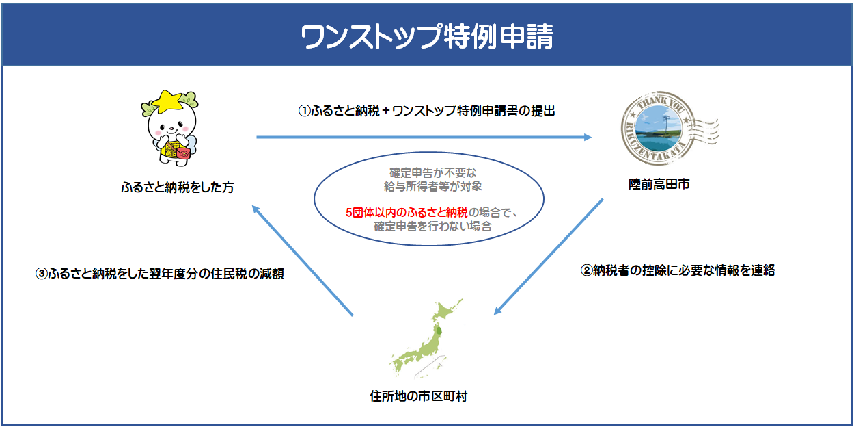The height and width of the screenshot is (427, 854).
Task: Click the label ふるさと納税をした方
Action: pos(177,187)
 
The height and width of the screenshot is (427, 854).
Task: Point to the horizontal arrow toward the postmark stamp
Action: pos(424,138)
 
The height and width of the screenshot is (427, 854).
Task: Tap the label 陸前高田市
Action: pos(659,184)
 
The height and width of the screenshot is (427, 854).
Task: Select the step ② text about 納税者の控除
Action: pos(678,270)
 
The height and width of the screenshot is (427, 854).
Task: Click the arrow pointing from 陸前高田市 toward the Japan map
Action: pos(549,257)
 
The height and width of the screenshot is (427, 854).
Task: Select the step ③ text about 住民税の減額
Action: pos(159,274)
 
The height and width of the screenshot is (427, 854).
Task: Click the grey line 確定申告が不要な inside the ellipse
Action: pos(428,173)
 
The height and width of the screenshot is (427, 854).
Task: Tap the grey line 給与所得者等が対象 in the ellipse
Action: pos(428,186)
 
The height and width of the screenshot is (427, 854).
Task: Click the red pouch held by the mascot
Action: pos(183,154)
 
